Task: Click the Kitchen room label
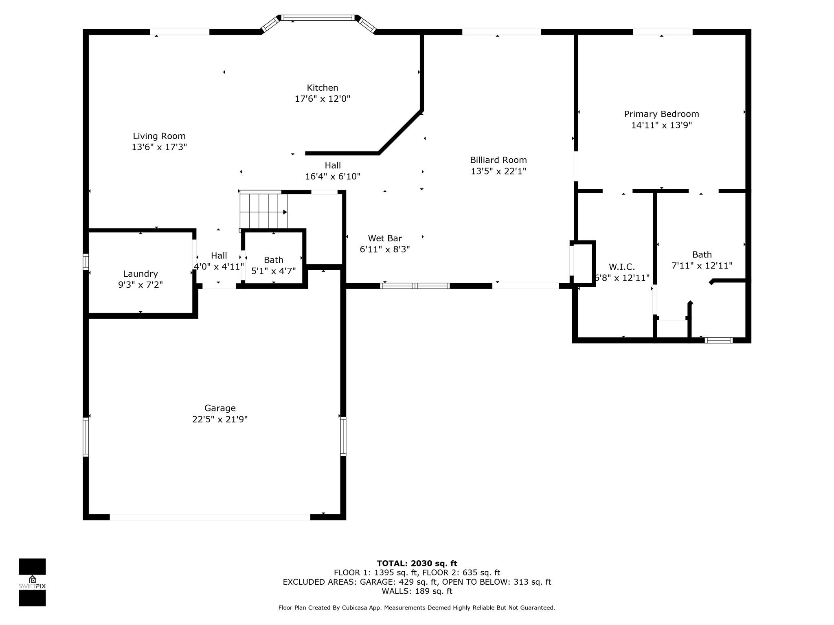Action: point(322,88)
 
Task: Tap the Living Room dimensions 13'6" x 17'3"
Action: point(159,147)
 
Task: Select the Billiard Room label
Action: point(498,160)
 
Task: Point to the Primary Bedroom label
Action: point(661,114)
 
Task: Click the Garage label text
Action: point(220,408)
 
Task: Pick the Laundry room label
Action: point(140,274)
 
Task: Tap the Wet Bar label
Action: point(385,238)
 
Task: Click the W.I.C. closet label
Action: point(622,267)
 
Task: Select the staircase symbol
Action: point(263,210)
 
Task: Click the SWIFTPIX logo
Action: point(32,582)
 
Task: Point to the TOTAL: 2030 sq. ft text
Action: point(417,564)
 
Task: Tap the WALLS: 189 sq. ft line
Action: point(417,591)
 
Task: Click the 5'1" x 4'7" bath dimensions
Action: point(274,271)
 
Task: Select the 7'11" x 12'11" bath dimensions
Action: point(702,266)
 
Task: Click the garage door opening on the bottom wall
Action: point(210,517)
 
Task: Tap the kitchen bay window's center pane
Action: point(318,17)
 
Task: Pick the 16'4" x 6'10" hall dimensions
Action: point(333,177)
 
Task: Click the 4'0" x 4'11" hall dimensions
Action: point(219,267)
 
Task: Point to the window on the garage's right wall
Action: point(343,436)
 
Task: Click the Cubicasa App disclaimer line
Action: point(417,608)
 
